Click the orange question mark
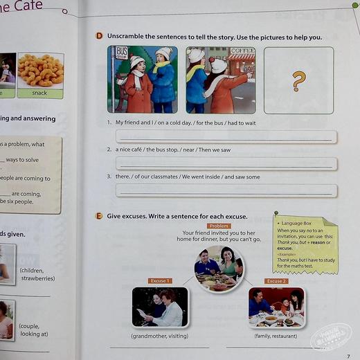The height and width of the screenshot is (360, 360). click(x=298, y=81)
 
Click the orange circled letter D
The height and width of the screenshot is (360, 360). click(x=100, y=36)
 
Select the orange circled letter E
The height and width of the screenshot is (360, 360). click(x=100, y=216)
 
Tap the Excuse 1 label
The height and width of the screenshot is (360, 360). click(x=159, y=281)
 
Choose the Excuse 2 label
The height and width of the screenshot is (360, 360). click(x=276, y=281)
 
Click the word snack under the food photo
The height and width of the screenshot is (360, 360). click(x=39, y=92)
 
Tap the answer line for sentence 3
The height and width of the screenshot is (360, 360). click(x=226, y=190)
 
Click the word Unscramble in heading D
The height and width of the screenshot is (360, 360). click(x=127, y=36)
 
